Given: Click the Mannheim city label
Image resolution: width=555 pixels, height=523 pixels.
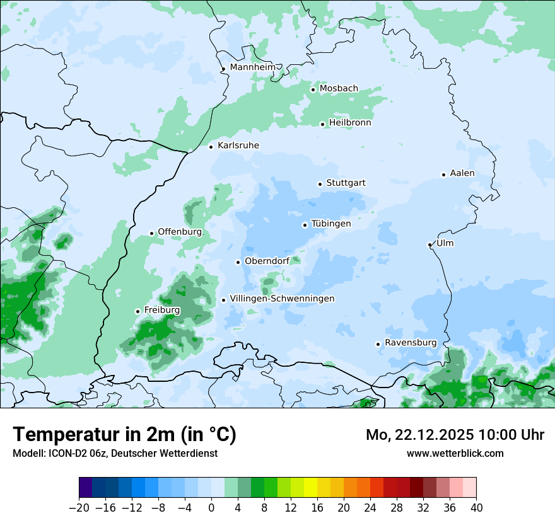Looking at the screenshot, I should coord(252,67).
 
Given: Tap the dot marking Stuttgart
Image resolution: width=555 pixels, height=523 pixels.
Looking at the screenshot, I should coord(320,184).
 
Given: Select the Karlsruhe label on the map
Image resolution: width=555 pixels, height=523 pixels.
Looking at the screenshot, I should coord(238,146).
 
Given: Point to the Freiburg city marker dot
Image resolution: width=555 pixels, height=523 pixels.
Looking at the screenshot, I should coord(137,311).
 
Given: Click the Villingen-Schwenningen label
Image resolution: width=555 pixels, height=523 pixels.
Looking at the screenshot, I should coord(282,299).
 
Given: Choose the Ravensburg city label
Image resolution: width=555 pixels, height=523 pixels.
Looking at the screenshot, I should coord(411,343).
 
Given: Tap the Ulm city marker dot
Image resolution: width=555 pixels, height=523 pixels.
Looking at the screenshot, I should coord(429,244).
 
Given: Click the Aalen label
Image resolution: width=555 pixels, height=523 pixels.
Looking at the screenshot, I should coord(462,173).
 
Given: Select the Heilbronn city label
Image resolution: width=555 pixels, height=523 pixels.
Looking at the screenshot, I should coord(350,123).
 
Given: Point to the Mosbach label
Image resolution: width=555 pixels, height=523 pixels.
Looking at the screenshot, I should coord(339,89).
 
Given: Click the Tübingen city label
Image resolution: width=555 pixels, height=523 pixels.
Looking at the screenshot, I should coord(331,224).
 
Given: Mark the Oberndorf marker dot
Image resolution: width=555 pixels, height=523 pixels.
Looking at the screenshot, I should coord(238,262).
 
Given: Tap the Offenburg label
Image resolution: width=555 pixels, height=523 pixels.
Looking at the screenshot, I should coord(180,232).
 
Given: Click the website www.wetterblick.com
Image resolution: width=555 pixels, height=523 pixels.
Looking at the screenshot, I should coord(455,453).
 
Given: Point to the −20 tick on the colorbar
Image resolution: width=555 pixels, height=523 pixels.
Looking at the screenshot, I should coord(79,508).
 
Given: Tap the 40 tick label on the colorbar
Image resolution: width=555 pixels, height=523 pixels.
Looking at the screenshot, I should coord(476,508).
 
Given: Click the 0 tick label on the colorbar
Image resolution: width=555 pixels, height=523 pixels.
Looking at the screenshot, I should coord(211,508).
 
